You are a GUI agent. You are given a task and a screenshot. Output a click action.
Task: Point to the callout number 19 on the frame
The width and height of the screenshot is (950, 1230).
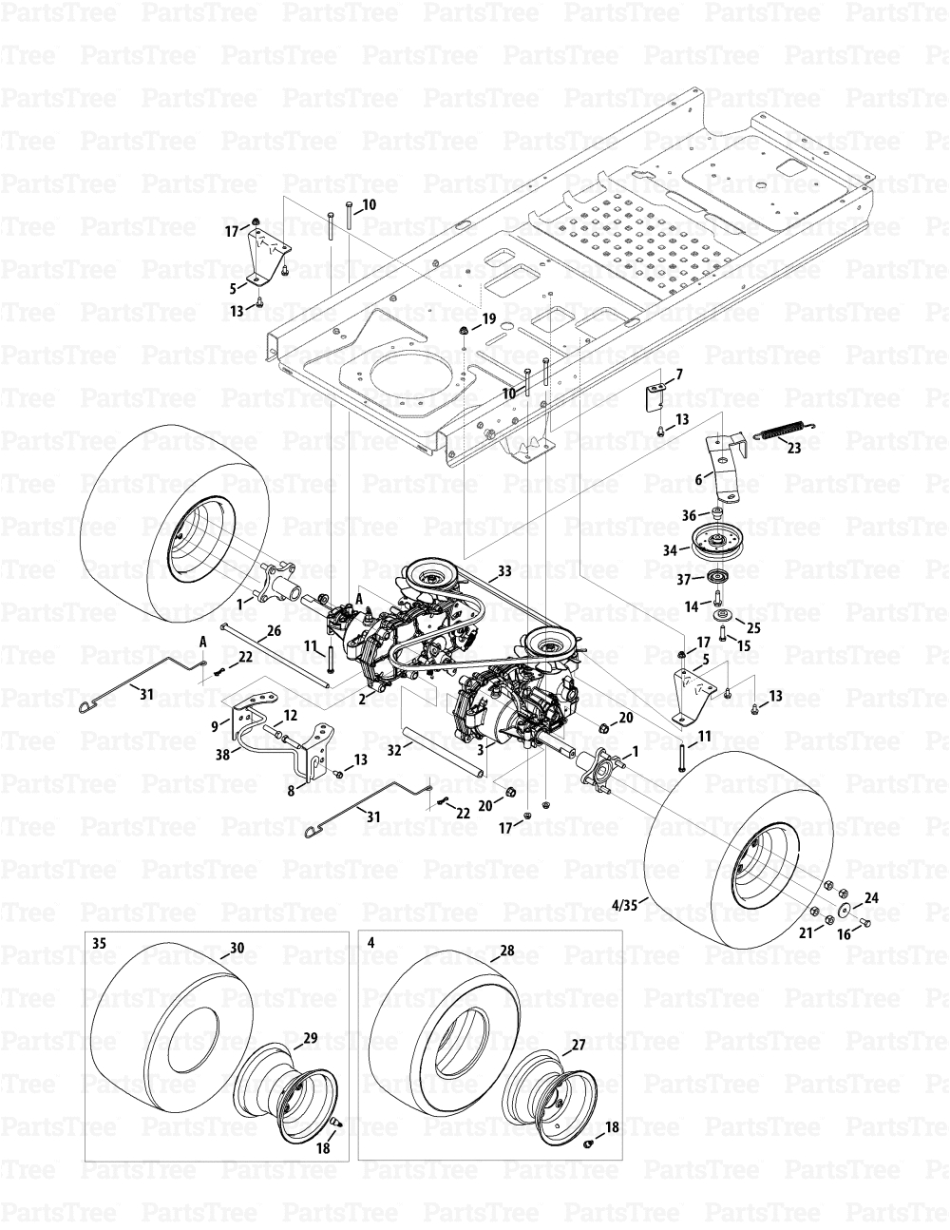pyautogui.click(x=488, y=319)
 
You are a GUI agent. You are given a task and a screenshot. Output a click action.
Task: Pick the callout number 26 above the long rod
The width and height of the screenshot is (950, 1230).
pyautogui.click(x=274, y=630)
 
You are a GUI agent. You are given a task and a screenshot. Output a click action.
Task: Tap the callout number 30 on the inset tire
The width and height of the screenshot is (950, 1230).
pyautogui.click(x=237, y=948)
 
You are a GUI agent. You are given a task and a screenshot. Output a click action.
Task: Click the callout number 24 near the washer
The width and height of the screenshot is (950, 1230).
pyautogui.click(x=871, y=896)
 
